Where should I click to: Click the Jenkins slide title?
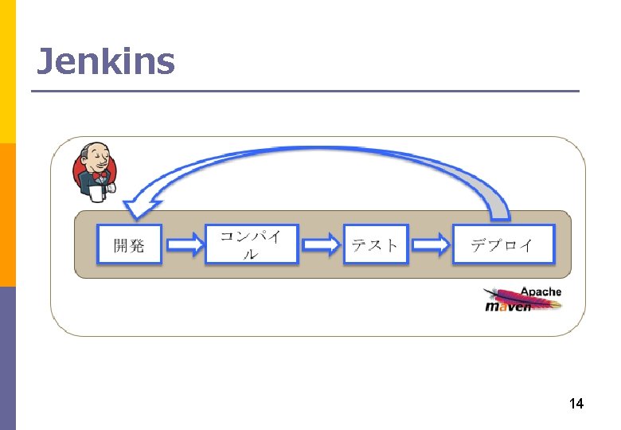click(x=105, y=61)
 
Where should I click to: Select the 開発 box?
click(x=129, y=244)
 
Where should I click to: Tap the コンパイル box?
click(x=251, y=244)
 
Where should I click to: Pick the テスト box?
click(x=375, y=244)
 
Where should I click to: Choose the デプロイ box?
click(x=502, y=244)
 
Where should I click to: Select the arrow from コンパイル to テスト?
click(x=321, y=244)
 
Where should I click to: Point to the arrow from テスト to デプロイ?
click(x=430, y=244)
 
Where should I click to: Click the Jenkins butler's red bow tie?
click(x=100, y=174)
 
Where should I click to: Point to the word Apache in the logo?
click(x=541, y=291)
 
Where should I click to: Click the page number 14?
click(x=576, y=405)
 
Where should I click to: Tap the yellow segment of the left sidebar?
click(x=7, y=72)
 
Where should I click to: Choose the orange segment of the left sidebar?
click(x=7, y=215)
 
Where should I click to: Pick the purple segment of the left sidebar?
click(x=7, y=358)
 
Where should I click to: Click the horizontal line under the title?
click(x=305, y=92)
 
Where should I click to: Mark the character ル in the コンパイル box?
click(x=250, y=255)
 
